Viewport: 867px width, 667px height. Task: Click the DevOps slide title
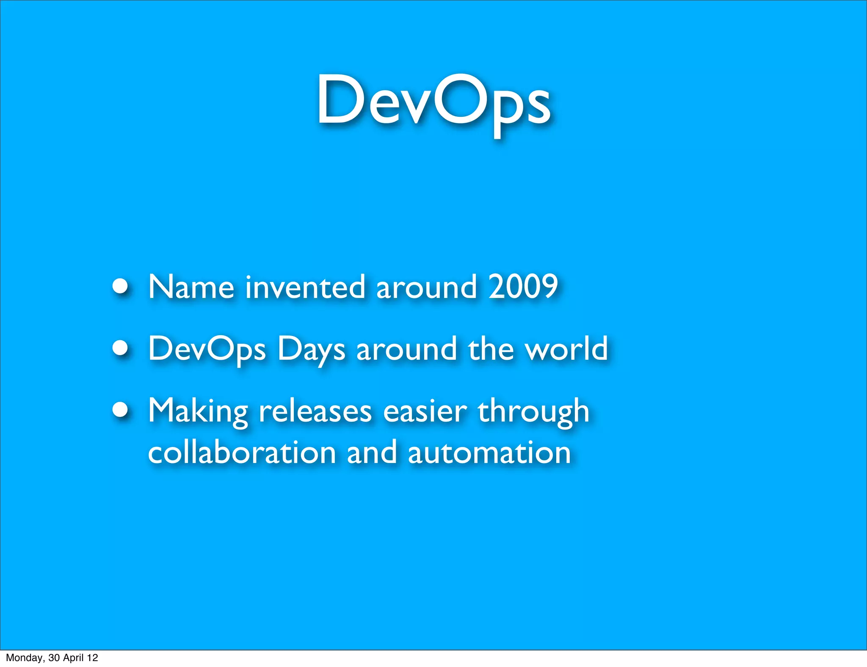[x=433, y=102]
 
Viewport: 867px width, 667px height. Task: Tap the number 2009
[x=523, y=287]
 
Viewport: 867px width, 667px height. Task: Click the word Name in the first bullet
[x=191, y=287]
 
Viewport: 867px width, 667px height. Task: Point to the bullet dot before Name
[x=121, y=286]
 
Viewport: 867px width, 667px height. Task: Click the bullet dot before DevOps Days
[x=121, y=347]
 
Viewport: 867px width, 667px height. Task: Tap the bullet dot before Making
[x=121, y=409]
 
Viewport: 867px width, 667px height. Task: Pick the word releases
[x=315, y=411]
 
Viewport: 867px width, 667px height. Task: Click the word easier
[x=425, y=411]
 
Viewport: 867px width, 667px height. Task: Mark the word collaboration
[x=242, y=452]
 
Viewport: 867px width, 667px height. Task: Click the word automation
[x=489, y=452]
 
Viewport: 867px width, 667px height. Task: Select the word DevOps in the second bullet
[x=207, y=349]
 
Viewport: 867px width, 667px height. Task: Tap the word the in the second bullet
[x=490, y=348]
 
